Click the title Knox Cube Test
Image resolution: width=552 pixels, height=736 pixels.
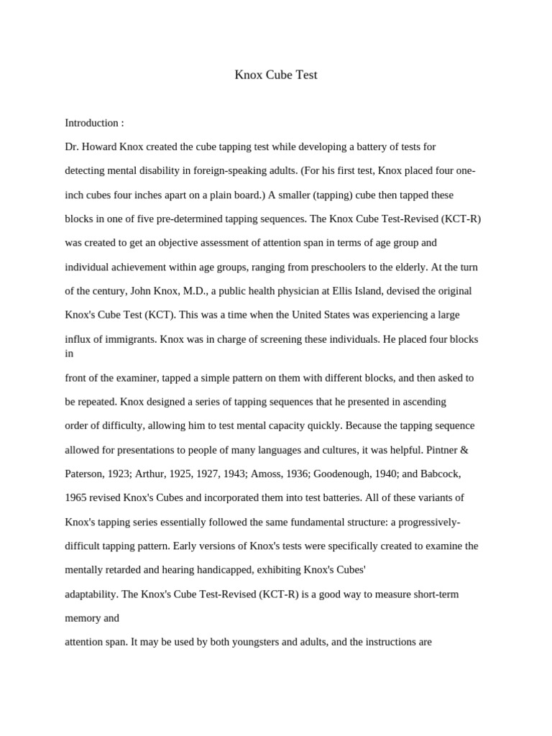276,75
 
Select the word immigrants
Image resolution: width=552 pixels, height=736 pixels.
131,339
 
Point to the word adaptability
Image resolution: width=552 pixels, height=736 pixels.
91,594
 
